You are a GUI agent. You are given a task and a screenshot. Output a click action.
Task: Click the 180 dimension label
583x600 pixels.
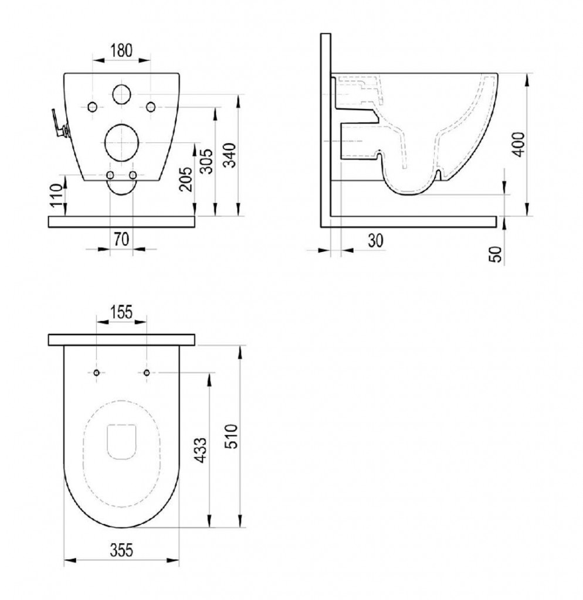tap(121, 50)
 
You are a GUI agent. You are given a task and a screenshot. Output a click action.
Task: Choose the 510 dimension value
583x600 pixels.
tap(233, 436)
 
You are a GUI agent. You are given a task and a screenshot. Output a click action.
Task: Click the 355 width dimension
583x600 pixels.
tap(121, 550)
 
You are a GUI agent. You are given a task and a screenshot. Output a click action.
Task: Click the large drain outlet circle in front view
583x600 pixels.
tap(121, 141)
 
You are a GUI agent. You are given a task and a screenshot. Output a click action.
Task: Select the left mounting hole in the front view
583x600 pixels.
tap(92, 106)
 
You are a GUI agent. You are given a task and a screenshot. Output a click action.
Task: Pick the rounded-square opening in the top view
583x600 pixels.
tap(122, 439)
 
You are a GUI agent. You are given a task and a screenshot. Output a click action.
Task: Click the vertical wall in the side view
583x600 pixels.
tap(326, 129)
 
